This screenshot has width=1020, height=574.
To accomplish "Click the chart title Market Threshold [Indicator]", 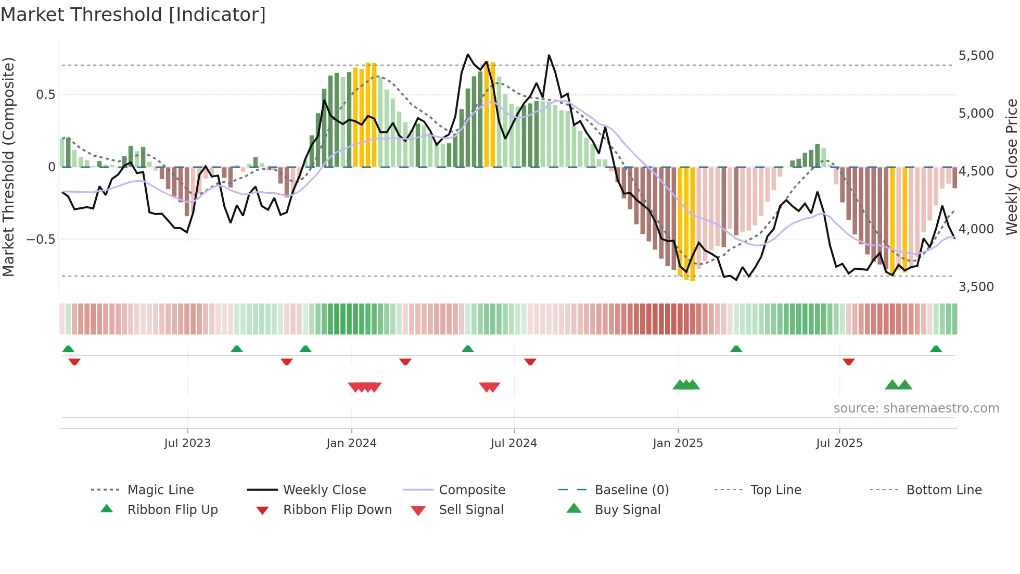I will (133, 15).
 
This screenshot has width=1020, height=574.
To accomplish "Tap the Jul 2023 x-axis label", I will (187, 443).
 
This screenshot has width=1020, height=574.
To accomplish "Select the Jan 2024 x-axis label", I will (351, 443).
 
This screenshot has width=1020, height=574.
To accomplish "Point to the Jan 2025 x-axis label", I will (678, 443).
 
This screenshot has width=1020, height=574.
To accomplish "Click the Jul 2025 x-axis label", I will (839, 443).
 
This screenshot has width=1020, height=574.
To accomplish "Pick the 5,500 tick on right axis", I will (976, 56).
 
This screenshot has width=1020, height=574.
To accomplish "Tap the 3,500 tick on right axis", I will (976, 286).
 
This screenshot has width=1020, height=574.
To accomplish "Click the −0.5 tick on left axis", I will (41, 240).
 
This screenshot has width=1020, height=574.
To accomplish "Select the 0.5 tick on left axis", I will (45, 95).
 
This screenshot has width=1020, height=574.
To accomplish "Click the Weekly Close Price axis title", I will (1011, 167).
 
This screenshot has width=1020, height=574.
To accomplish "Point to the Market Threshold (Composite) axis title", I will (8, 167).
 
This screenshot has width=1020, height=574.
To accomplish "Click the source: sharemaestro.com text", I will (916, 408).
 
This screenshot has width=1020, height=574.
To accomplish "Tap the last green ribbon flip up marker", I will (936, 349).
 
